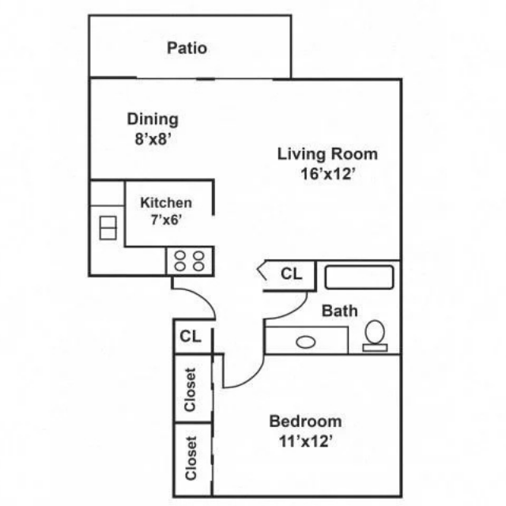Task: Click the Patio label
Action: click(187, 48)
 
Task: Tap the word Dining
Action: click(153, 119)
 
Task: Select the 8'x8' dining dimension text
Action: click(153, 139)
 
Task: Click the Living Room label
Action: click(327, 154)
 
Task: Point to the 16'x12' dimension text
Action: click(328, 174)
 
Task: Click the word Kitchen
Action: click(166, 202)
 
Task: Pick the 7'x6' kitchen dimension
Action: click(166, 220)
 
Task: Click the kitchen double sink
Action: click(108, 228)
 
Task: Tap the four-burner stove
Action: click(190, 261)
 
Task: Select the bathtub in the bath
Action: click(359, 278)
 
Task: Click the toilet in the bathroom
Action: click(375, 335)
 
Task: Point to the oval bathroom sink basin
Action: click(306, 342)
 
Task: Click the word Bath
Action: click(340, 311)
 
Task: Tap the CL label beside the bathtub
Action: click(292, 274)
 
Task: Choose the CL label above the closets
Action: click(191, 336)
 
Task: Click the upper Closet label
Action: click(190, 390)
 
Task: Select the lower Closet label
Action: click(191, 458)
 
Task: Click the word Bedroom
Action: click(305, 421)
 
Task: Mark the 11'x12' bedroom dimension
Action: click(306, 441)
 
